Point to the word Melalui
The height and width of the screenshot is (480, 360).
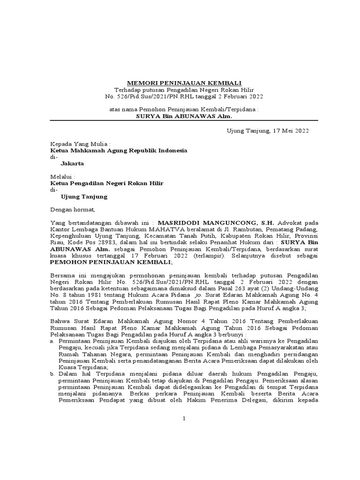(63, 177)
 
